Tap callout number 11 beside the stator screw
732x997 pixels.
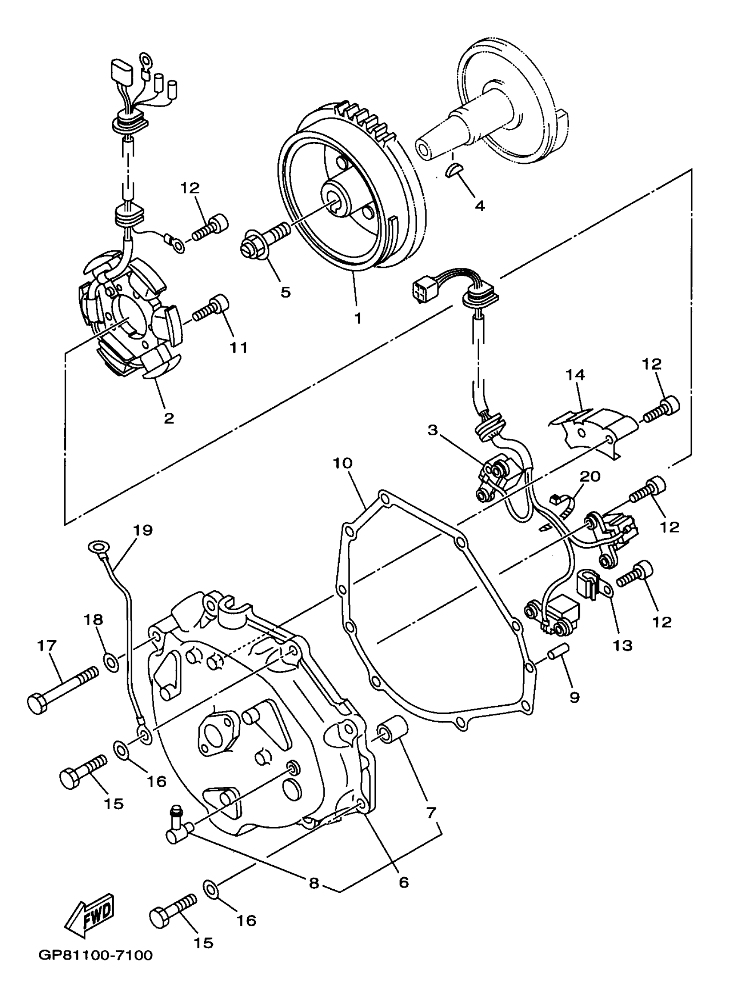tap(239, 347)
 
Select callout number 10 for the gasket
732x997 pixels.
tap(343, 464)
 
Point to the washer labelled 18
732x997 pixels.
tap(111, 661)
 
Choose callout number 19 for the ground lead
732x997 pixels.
tap(143, 530)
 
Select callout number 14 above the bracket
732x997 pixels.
tap(575, 375)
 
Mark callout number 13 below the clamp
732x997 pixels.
tap(623, 645)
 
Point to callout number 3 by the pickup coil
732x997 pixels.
tap(432, 430)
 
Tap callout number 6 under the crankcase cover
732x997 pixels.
tap(403, 882)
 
